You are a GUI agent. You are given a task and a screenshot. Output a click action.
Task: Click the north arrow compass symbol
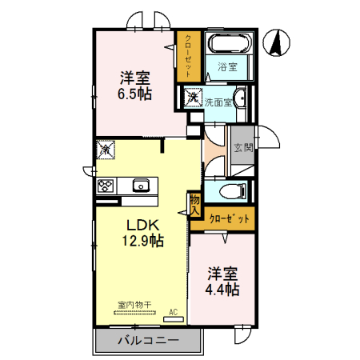point(278,42)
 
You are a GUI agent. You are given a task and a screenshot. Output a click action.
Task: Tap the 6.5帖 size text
point(135,94)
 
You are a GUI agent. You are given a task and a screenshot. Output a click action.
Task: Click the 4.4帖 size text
point(222,289)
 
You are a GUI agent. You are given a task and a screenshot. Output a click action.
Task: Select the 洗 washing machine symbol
point(193,98)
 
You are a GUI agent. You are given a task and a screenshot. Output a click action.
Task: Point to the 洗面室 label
point(217,102)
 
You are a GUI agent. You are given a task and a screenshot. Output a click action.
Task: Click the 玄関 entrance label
point(242,147)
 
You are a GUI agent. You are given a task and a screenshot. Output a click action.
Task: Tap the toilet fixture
point(229,191)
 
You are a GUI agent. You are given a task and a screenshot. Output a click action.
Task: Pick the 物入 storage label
point(194,203)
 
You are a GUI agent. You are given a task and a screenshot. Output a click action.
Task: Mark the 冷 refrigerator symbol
point(105,150)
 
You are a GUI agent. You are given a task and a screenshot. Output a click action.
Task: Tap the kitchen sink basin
point(142,186)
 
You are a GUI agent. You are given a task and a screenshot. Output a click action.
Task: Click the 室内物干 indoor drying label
point(134,304)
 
